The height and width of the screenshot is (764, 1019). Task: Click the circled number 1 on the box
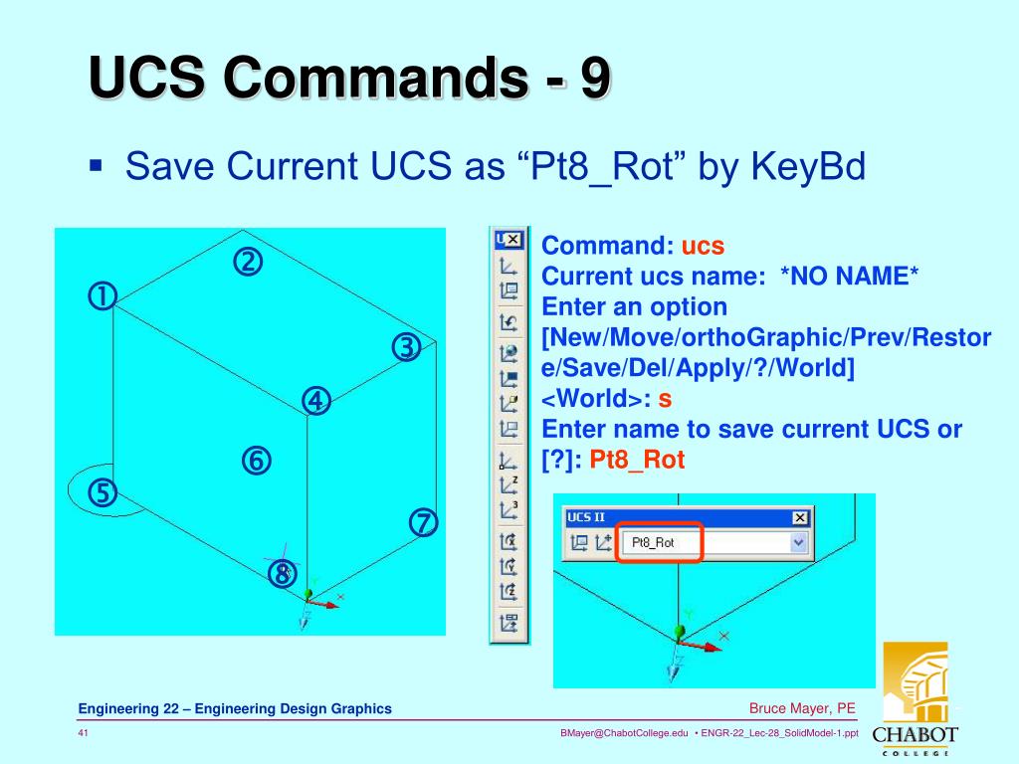102,296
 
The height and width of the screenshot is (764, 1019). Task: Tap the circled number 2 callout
247,263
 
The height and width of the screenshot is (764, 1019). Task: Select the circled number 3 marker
406,348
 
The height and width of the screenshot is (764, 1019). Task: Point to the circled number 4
316,401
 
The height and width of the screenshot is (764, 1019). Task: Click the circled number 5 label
102,492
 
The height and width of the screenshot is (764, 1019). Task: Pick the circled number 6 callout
256,461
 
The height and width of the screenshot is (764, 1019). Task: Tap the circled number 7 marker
423,523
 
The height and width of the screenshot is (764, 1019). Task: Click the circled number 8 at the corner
283,574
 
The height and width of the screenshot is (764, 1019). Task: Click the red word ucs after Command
703,246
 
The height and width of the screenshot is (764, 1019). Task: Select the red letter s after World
666,399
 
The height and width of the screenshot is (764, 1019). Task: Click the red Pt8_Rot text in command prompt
637,461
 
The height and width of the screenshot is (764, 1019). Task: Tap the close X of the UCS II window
800,517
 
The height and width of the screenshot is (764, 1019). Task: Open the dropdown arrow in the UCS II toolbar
797,543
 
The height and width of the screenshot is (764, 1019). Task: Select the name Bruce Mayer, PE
802,708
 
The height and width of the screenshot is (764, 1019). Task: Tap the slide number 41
85,733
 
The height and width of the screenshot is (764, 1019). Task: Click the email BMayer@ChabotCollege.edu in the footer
624,733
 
